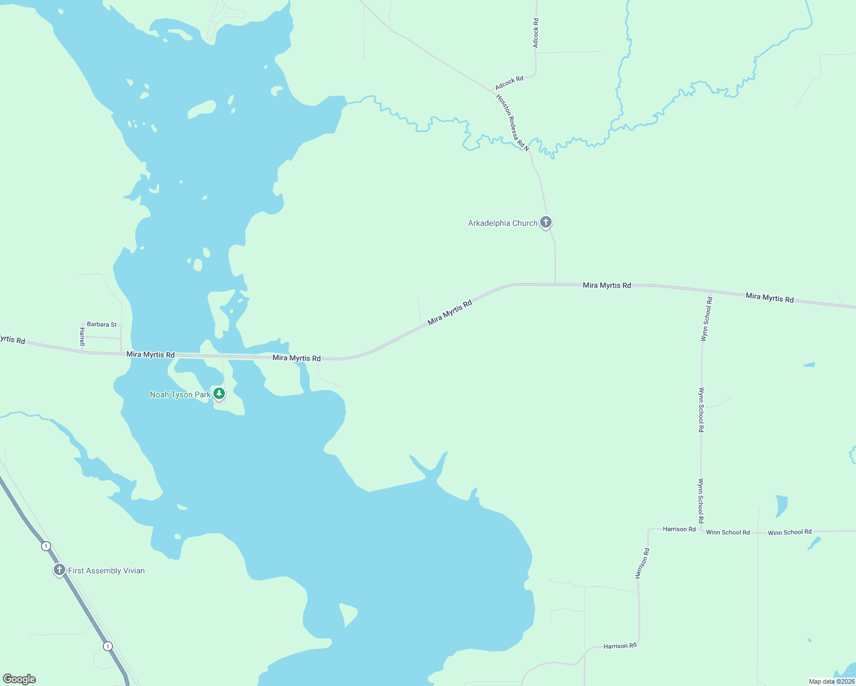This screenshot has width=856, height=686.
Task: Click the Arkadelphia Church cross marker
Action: (x=546, y=222)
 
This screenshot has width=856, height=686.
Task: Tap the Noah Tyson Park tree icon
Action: (x=219, y=393)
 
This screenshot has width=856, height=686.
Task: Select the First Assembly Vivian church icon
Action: (x=59, y=569)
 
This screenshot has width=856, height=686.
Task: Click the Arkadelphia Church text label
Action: (x=502, y=223)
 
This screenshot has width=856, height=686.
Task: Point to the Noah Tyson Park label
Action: (x=180, y=394)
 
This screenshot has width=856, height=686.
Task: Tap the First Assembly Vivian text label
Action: (x=106, y=571)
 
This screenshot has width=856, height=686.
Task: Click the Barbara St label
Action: (x=102, y=324)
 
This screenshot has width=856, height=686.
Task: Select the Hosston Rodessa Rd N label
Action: (x=513, y=122)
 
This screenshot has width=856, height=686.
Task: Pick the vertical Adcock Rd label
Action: (x=536, y=33)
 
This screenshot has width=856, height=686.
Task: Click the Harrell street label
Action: (x=82, y=337)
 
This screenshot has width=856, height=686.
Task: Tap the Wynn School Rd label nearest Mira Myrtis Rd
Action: (x=707, y=319)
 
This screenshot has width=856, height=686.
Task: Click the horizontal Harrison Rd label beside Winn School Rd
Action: (x=679, y=529)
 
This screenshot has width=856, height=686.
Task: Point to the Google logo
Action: (x=19, y=679)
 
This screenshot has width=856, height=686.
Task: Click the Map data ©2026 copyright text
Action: (x=831, y=681)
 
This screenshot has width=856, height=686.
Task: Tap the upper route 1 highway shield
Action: (x=46, y=546)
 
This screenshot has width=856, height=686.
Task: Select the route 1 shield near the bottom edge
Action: (x=108, y=646)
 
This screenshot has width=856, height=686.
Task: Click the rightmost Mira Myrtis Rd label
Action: (x=770, y=297)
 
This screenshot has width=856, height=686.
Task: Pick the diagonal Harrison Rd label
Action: (x=643, y=564)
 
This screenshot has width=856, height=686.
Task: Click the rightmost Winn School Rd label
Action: (x=790, y=532)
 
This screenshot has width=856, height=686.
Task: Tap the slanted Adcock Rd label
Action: (x=509, y=83)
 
